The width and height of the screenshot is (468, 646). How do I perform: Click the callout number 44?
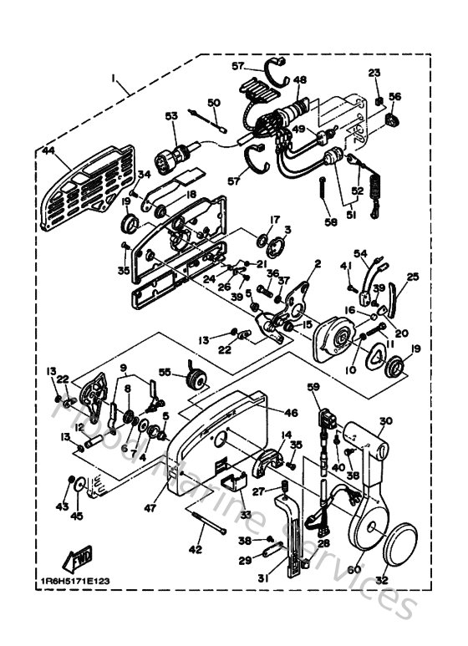click(x=48, y=152)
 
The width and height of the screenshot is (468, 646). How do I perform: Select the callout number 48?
click(x=300, y=80)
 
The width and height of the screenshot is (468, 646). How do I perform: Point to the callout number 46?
click(x=291, y=413)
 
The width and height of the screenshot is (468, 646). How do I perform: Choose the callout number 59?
click(x=313, y=387)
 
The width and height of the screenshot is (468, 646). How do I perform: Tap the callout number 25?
click(x=412, y=277)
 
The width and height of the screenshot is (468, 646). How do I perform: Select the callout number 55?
click(x=165, y=372)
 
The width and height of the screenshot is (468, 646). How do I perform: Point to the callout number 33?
click(x=245, y=514)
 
